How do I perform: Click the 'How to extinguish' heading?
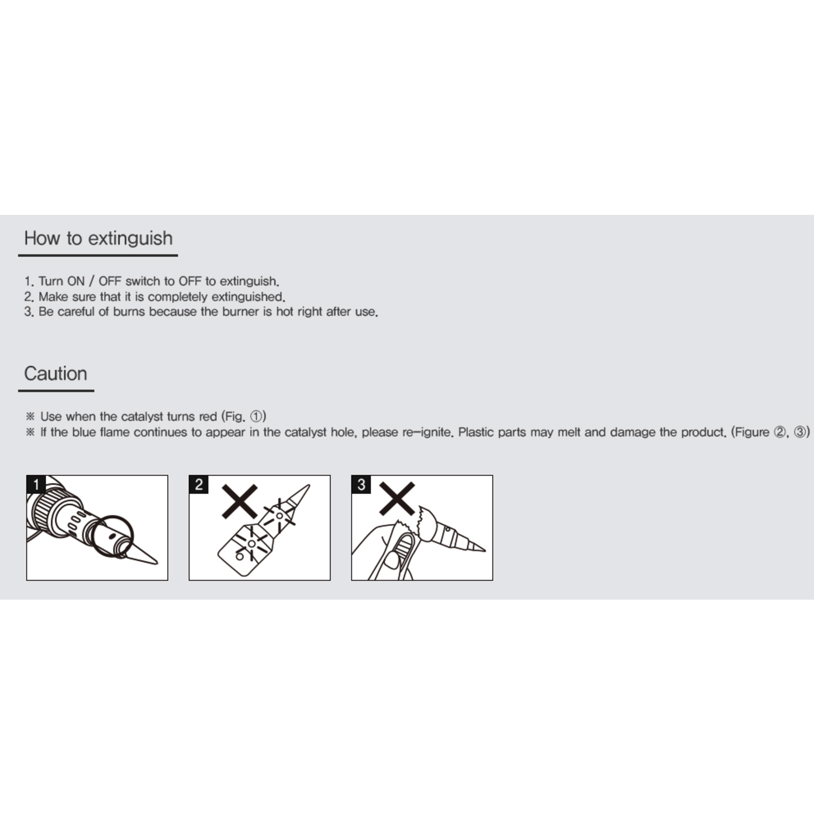[98, 238]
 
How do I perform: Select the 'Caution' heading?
[55, 373]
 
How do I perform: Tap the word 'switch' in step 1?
[143, 281]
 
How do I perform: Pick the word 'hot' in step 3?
[285, 312]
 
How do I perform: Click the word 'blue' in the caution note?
[84, 433]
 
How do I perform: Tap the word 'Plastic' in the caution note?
[476, 433]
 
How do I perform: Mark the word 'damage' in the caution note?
[633, 433]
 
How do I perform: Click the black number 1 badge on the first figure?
[36, 485]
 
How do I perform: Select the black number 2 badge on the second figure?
[199, 485]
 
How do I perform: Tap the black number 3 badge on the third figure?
[361, 485]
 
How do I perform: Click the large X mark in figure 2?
[239, 501]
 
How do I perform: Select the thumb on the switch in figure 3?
[393, 559]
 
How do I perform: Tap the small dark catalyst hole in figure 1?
[112, 536]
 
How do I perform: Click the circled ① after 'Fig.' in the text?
[256, 417]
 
